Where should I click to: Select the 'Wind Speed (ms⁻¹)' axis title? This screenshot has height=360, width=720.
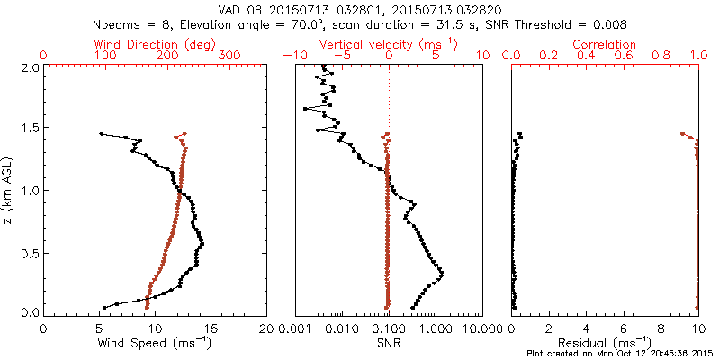click(x=156, y=343)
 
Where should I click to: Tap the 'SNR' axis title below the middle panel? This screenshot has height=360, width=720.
click(x=388, y=343)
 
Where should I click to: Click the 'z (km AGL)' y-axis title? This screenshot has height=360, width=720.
click(x=9, y=190)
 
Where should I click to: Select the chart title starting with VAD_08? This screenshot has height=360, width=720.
click(x=359, y=9)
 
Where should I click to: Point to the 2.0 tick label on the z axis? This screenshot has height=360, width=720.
click(x=28, y=67)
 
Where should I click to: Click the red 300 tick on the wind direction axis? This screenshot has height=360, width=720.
click(x=229, y=56)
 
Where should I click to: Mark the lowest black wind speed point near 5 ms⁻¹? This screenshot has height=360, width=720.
click(x=103, y=307)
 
